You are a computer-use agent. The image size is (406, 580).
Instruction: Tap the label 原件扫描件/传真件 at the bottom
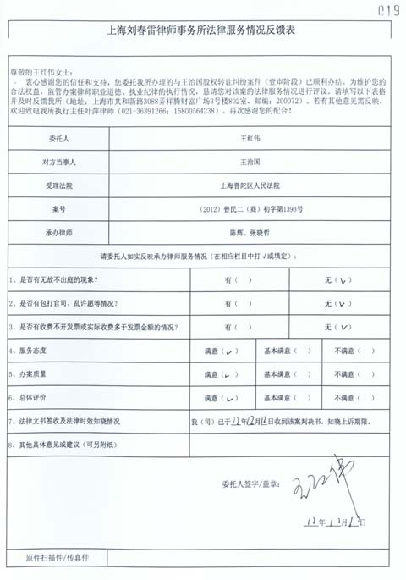point(58,559)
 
